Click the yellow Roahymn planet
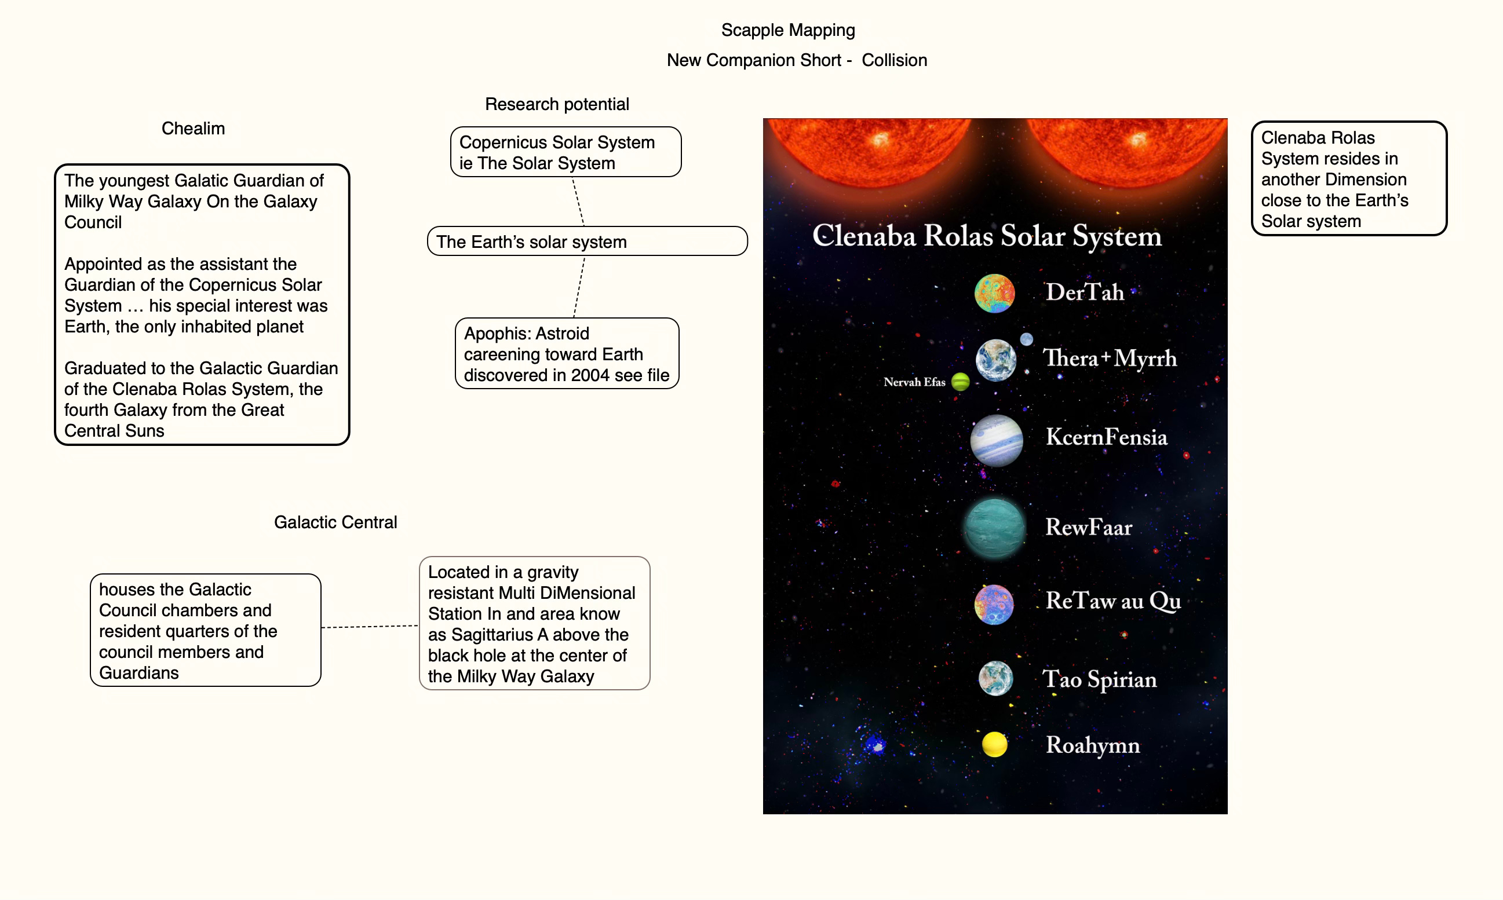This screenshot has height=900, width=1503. click(x=994, y=744)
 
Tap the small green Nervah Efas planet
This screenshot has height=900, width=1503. click(x=960, y=382)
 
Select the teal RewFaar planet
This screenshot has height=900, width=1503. click(x=994, y=528)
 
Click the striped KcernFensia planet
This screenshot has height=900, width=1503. click(x=996, y=440)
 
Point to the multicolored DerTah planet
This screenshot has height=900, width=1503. click(x=994, y=293)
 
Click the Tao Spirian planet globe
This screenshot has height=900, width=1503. click(x=995, y=678)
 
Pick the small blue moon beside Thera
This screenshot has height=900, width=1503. click(x=1026, y=339)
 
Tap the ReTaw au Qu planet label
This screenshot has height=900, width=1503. click(x=1113, y=601)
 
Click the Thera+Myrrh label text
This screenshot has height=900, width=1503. click(x=1109, y=358)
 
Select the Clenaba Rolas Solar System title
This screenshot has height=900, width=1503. click(x=987, y=236)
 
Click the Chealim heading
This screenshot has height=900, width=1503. click(x=193, y=129)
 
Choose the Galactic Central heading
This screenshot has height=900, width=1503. click(x=335, y=522)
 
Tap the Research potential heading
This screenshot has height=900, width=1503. click(x=556, y=104)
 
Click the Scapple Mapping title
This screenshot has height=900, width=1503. click(x=787, y=30)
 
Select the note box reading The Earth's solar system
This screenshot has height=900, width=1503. click(x=587, y=242)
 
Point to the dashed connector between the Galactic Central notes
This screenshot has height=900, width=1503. click(x=370, y=627)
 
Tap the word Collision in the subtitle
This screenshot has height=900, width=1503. click(x=894, y=61)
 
